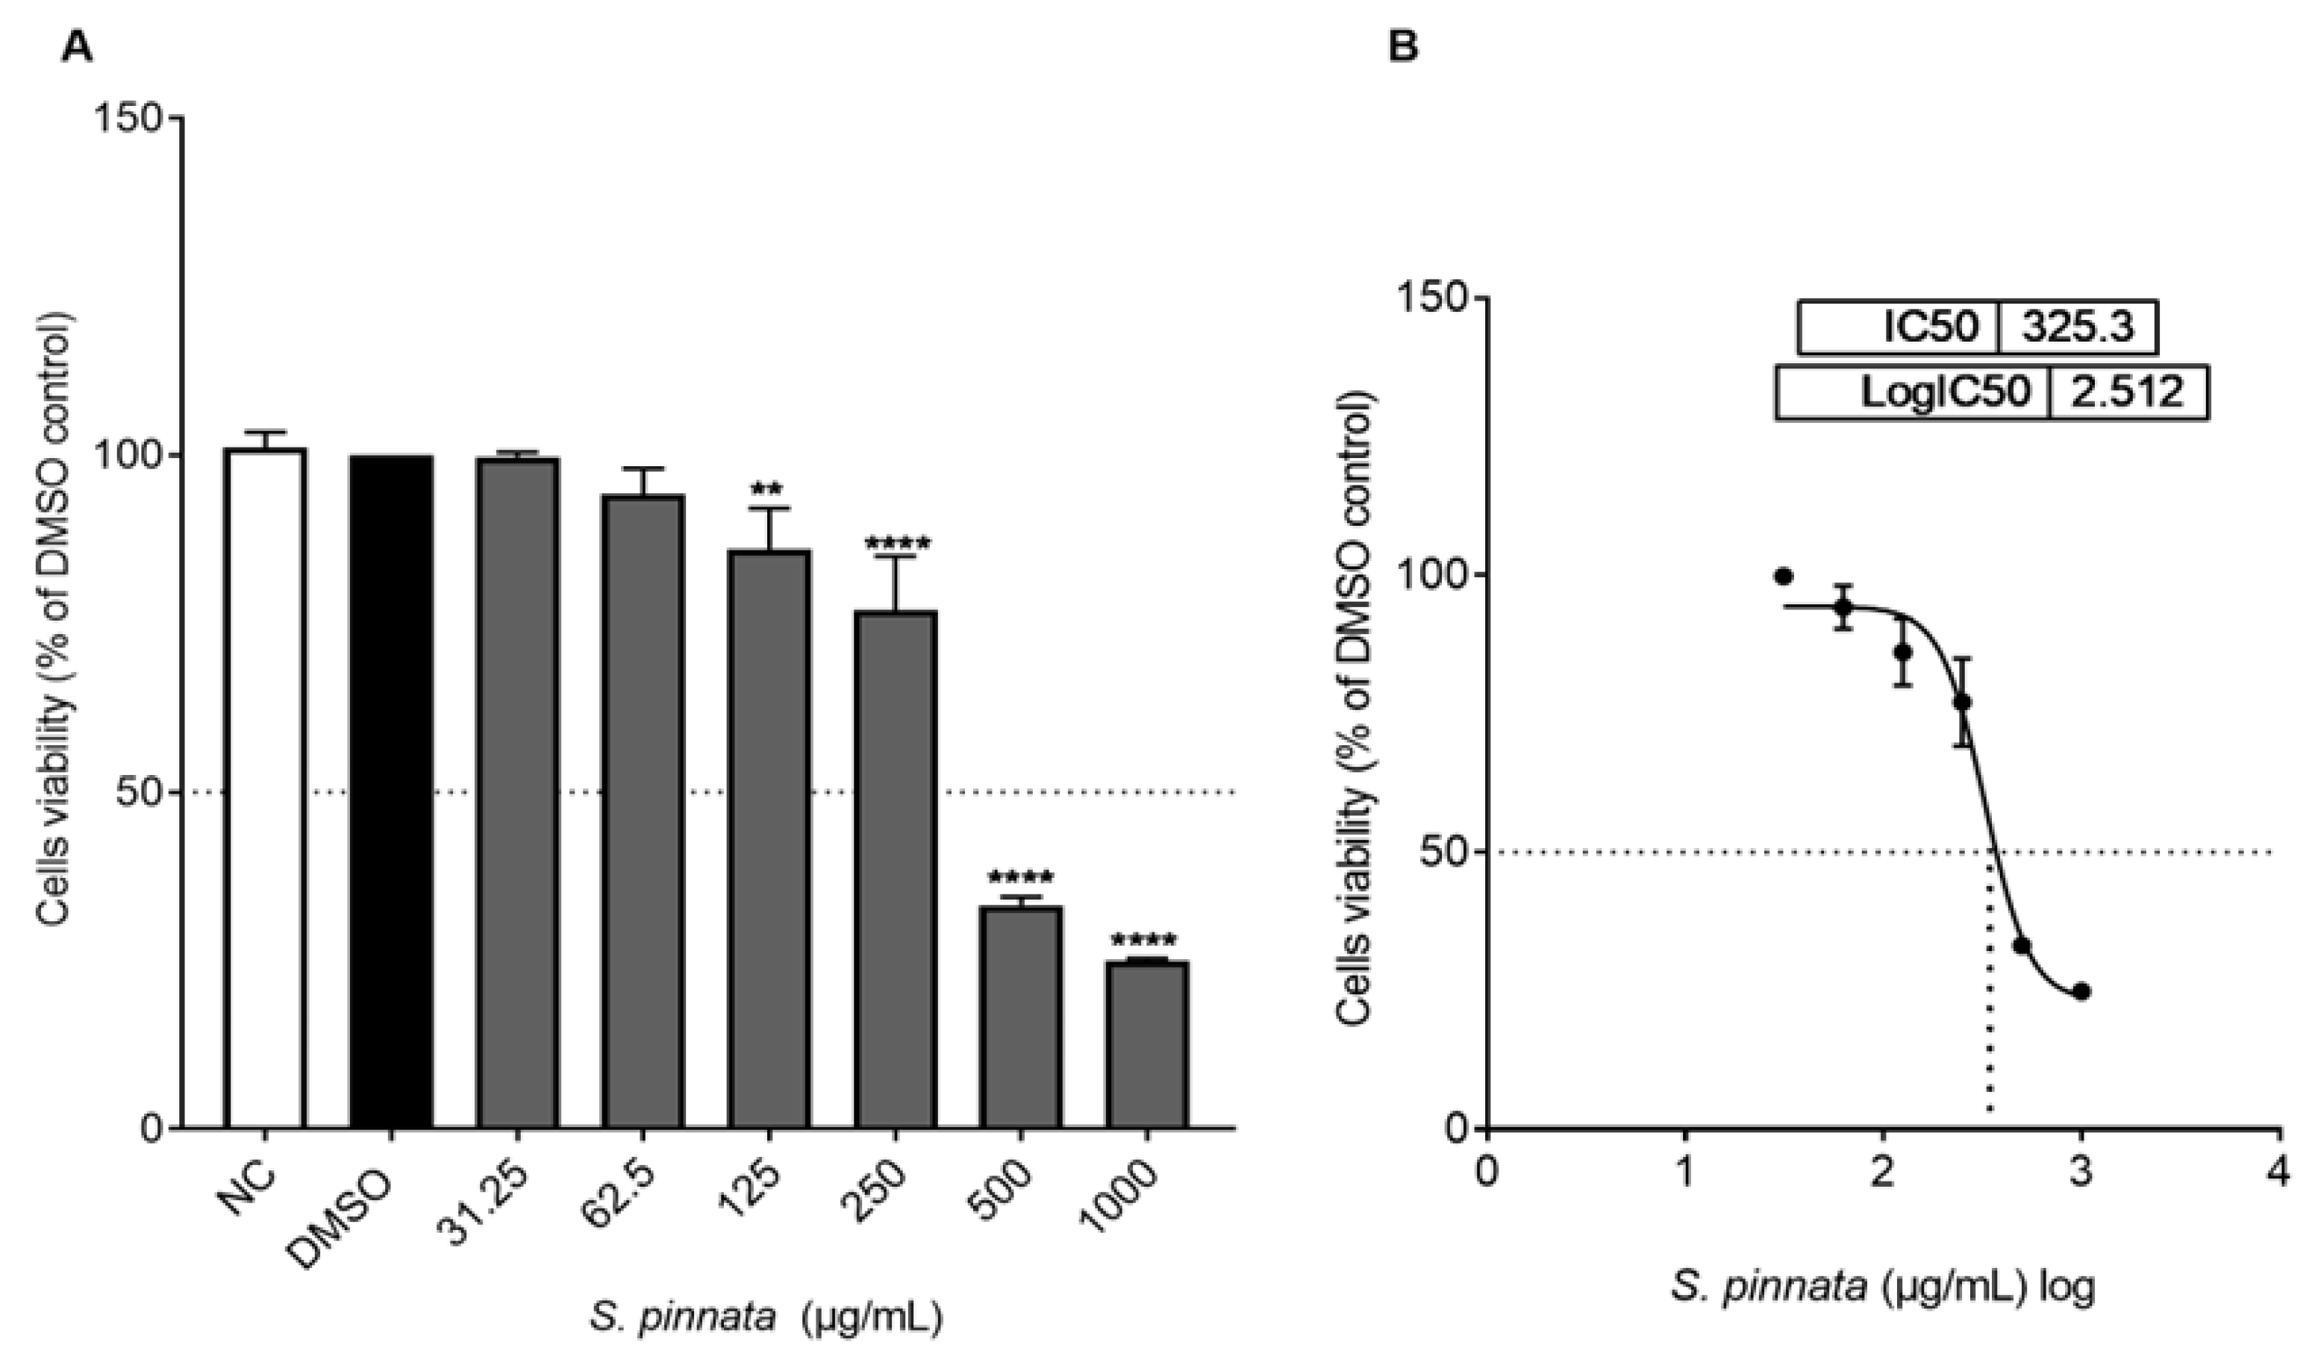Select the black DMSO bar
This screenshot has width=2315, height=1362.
pos(391,790)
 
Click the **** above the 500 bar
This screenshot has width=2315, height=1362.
pos(1021,878)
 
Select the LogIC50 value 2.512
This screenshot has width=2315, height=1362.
pos(2128,393)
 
